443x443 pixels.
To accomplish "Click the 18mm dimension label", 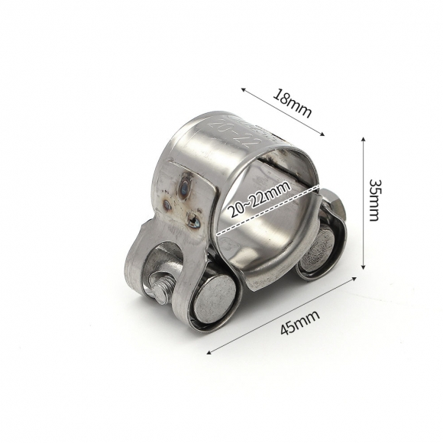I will pos(293,103).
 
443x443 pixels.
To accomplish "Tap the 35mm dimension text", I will pos(373,200).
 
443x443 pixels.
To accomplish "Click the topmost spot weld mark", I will pos(186,183).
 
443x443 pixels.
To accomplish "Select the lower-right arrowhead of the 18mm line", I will pos(324,136).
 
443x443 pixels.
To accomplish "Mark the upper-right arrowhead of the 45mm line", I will pos(356,279).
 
